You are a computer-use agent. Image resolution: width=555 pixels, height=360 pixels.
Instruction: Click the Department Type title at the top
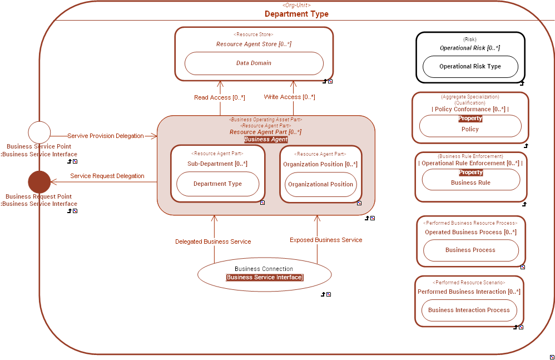(296, 14)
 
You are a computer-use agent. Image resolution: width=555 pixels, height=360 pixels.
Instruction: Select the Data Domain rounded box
(254, 63)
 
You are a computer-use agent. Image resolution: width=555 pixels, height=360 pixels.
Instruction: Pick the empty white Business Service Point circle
(39, 132)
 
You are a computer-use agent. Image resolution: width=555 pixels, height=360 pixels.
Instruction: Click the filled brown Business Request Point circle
(39, 182)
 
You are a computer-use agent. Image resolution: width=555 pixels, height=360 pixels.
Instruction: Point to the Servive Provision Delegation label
(105, 136)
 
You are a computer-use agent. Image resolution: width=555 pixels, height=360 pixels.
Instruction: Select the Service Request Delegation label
(107, 176)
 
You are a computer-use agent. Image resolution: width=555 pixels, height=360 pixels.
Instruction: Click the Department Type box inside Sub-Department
(217, 184)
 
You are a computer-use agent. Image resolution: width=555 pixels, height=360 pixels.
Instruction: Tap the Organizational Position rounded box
(320, 184)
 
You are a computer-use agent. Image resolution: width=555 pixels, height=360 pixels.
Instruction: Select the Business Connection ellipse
(264, 273)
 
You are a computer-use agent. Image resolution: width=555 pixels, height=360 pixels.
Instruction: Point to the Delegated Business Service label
(213, 241)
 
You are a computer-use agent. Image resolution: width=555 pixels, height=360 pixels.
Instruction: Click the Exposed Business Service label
(325, 240)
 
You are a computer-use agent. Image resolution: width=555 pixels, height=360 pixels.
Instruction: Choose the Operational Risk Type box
(470, 67)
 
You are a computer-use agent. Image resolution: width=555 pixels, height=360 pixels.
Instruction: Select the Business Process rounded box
(470, 250)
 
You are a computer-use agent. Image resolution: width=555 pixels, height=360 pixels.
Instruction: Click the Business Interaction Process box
(469, 310)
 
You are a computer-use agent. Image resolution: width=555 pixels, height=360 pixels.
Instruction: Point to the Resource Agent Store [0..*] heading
(254, 44)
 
